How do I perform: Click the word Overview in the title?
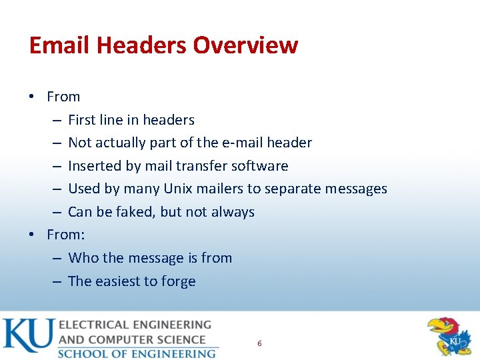click(x=245, y=45)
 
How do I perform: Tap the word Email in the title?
click(x=59, y=45)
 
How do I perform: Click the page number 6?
click(x=259, y=343)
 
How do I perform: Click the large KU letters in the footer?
click(x=28, y=337)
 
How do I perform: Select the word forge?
click(x=178, y=281)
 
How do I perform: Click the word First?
click(x=81, y=120)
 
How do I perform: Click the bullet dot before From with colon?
click(x=31, y=235)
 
